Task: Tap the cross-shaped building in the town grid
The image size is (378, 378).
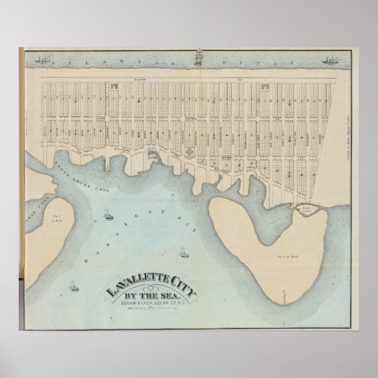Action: pyautogui.click(x=190, y=151)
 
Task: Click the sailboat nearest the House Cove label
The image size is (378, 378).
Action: pyautogui.click(x=108, y=215)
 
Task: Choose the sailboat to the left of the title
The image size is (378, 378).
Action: pyautogui.click(x=73, y=286)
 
